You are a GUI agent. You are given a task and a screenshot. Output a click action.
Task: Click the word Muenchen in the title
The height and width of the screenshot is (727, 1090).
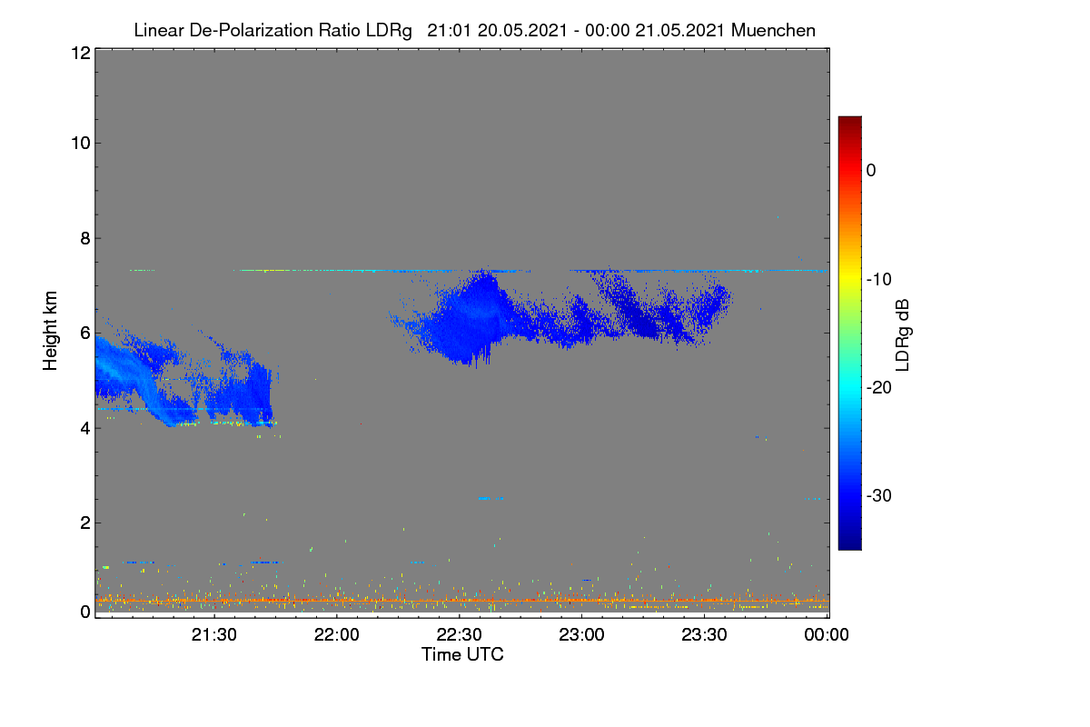[x=773, y=30]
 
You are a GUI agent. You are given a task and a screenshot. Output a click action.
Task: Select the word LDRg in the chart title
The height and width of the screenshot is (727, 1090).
[x=389, y=31]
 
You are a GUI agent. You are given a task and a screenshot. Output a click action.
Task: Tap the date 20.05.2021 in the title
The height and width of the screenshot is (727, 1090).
[x=522, y=30]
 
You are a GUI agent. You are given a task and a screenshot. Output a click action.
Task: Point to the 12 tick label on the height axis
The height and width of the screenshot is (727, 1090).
[x=81, y=53]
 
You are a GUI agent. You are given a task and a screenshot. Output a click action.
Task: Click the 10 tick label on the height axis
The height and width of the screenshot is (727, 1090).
[x=81, y=144]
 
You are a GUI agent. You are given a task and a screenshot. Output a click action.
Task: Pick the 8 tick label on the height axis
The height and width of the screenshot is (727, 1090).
[x=85, y=238]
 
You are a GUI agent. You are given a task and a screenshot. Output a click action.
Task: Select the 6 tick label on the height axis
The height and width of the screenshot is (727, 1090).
[x=85, y=334]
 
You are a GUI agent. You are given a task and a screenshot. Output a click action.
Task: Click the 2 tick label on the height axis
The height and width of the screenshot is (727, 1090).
[x=85, y=523]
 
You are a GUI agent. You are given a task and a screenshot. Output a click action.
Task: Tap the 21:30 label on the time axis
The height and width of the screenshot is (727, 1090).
[x=214, y=634]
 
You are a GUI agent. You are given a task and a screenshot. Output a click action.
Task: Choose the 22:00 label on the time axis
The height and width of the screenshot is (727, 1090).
[x=337, y=634]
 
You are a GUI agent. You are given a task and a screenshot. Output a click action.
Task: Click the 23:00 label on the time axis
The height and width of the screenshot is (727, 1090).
[x=581, y=634]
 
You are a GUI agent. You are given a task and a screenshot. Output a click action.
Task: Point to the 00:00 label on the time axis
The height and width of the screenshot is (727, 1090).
[x=827, y=634]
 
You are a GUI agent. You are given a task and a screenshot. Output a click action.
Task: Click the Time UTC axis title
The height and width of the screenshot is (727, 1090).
[x=462, y=654]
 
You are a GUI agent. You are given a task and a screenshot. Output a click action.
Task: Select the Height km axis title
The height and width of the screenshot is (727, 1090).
[x=50, y=331]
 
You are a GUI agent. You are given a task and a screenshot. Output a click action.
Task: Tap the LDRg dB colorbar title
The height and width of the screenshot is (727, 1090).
[x=903, y=335]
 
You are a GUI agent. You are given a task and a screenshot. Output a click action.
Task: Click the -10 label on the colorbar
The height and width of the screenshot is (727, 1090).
[x=879, y=280]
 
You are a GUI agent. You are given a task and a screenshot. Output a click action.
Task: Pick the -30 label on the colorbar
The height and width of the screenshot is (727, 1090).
[x=879, y=495]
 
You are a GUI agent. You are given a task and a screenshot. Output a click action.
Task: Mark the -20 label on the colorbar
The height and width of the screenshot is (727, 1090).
[x=879, y=388]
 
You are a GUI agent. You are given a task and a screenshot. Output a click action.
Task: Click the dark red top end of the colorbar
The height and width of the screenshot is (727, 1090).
[x=849, y=118]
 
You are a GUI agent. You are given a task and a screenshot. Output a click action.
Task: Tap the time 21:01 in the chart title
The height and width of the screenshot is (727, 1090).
[x=449, y=30]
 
